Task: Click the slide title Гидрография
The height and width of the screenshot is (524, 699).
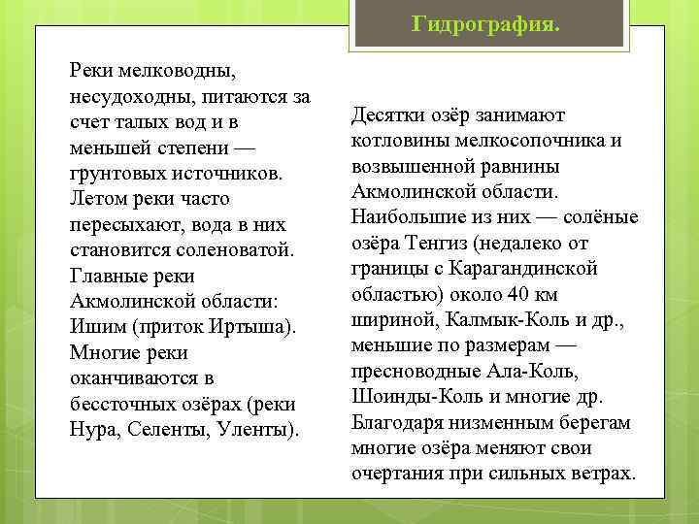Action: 485,22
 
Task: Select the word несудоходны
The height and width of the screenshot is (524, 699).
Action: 129,97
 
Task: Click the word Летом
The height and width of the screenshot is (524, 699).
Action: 98,199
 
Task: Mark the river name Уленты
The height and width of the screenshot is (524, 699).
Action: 259,429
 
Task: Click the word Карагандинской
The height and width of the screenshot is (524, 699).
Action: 533,269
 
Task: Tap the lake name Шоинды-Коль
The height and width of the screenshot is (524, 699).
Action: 412,396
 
